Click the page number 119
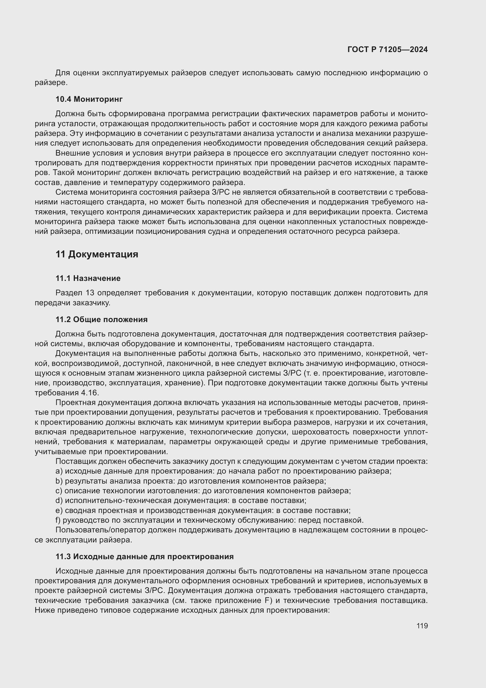pos(422,626)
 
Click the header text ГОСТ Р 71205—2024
pos(388,50)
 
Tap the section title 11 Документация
pos(97,254)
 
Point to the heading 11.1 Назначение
pos(88,278)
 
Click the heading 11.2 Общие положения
pos(101,319)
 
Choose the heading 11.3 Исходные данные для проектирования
pos(144,557)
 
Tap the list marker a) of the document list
pos(59,471)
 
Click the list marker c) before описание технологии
pos(59,491)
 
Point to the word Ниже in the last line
pos(44,610)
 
